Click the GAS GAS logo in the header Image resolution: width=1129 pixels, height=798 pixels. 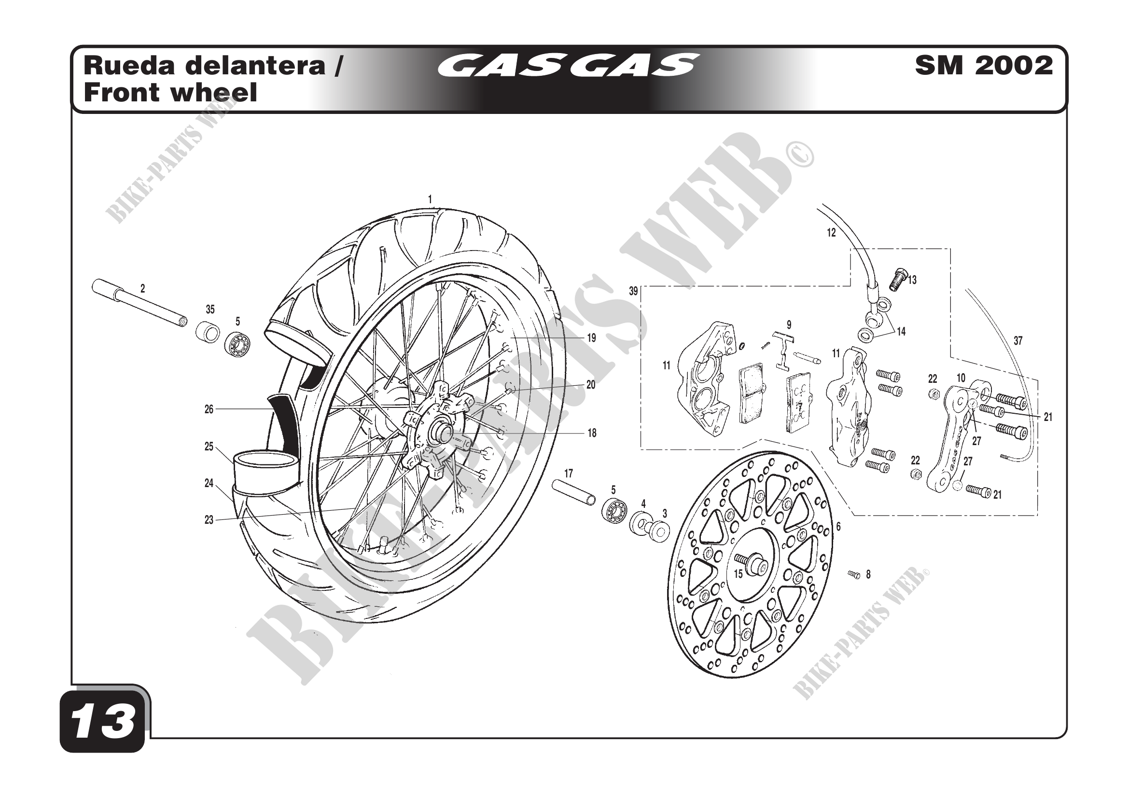pyautogui.click(x=568, y=65)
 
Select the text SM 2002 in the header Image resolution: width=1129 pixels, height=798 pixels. pyautogui.click(x=983, y=65)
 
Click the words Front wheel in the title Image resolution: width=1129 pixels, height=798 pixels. pyautogui.click(x=170, y=92)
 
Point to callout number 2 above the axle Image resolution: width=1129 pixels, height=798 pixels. pyautogui.click(x=142, y=289)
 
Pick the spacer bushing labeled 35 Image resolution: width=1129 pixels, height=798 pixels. pyautogui.click(x=208, y=332)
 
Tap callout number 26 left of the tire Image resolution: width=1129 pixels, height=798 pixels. pyautogui.click(x=209, y=409)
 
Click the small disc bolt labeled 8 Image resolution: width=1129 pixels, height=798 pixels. pyautogui.click(x=854, y=574)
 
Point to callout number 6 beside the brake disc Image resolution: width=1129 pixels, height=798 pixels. pyautogui.click(x=838, y=527)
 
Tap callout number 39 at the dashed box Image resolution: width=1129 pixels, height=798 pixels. pyautogui.click(x=633, y=291)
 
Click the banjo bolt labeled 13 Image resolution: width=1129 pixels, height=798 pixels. pyautogui.click(x=897, y=279)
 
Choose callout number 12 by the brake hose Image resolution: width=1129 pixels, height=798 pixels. pyautogui.click(x=831, y=233)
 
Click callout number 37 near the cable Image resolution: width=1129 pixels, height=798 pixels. pyautogui.click(x=1018, y=340)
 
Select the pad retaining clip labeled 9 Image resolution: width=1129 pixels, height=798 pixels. pyautogui.click(x=783, y=350)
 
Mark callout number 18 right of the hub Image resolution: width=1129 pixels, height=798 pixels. pyautogui.click(x=592, y=433)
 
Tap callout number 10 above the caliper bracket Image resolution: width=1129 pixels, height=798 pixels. pyautogui.click(x=961, y=378)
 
